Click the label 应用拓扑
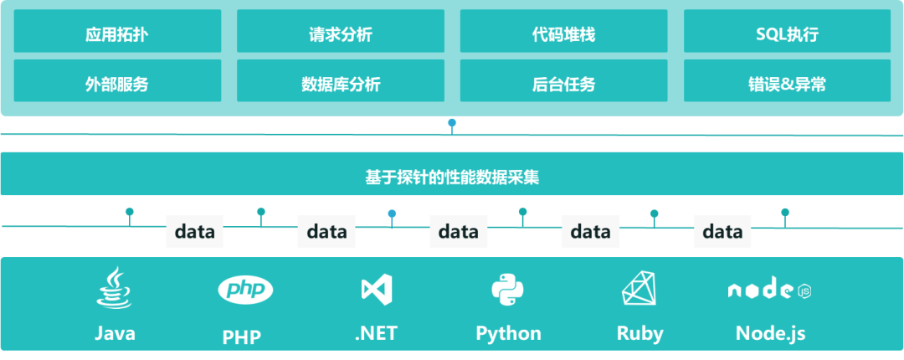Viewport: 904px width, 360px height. tap(116, 35)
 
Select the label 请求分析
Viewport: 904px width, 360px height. tap(340, 35)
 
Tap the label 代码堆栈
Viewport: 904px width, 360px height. tap(563, 35)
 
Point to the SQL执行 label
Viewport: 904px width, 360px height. tap(787, 35)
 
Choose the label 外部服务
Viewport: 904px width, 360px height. tap(116, 85)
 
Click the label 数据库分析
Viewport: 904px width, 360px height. tap(340, 85)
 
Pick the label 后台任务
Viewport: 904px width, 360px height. tap(563, 85)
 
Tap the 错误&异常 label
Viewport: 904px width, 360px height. tap(787, 85)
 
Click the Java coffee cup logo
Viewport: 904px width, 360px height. tap(114, 289)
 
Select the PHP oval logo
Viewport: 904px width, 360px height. tap(245, 290)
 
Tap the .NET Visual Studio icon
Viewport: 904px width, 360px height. tap(377, 290)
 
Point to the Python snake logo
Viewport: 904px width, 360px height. tap(507, 290)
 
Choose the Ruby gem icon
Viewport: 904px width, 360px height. tap(640, 290)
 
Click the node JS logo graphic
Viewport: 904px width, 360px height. tap(769, 291)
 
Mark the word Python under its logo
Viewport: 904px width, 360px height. tap(508, 333)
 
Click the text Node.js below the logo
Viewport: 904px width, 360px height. tap(770, 333)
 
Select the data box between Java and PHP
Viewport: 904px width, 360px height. tap(195, 231)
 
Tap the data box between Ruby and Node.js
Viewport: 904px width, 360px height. tap(722, 231)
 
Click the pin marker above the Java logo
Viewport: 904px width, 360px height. tap(130, 213)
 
